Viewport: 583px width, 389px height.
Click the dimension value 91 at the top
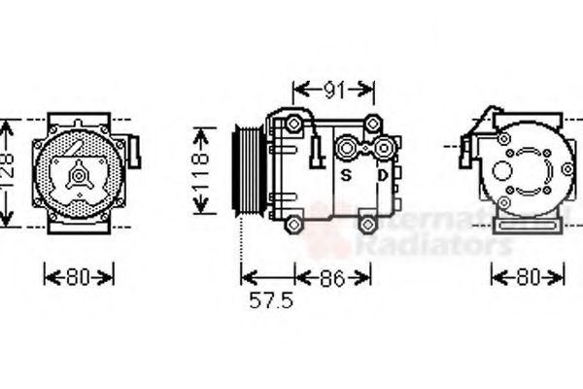pos(333,90)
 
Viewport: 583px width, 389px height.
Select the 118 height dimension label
pos(201,170)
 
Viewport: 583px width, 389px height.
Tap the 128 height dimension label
pos(7,172)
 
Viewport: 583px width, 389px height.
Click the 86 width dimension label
pos(333,278)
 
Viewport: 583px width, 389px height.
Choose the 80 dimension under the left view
pos(80,277)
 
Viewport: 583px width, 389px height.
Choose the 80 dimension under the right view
pos(527,278)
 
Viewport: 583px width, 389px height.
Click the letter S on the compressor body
pos(345,175)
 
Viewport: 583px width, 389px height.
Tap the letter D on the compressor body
pos(383,175)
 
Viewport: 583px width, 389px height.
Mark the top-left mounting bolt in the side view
pos(292,124)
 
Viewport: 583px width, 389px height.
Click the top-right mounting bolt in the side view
pos(370,124)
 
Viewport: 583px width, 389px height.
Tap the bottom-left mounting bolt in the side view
pos(292,223)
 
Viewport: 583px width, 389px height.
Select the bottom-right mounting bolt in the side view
pos(367,225)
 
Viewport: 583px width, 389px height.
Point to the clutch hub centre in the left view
pos(78,176)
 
